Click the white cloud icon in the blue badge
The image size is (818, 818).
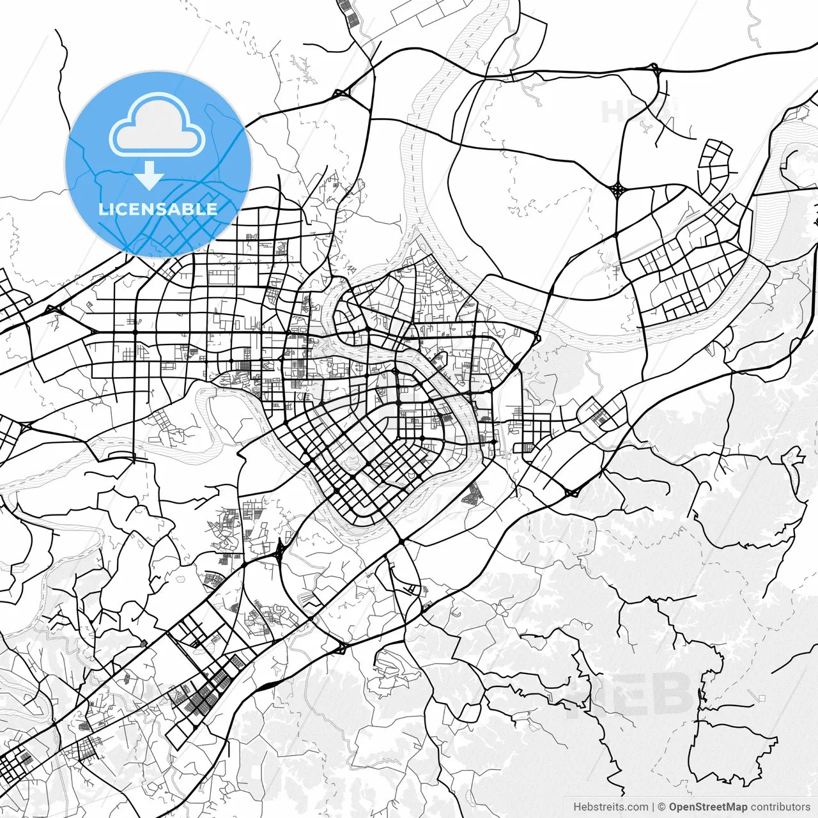[x=157, y=126]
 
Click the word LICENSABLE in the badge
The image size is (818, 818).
[x=158, y=209]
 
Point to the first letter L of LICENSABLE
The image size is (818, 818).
[x=103, y=209]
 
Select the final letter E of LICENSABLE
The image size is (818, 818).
[x=212, y=209]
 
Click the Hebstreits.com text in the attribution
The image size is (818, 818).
[x=610, y=807]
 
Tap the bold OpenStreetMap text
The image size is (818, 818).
[x=707, y=807]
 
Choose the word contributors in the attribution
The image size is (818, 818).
[x=780, y=807]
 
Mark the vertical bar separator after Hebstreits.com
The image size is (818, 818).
[x=652, y=807]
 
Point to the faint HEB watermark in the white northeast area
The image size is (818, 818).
[x=633, y=112]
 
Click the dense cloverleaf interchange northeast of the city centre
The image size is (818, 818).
[x=618, y=189]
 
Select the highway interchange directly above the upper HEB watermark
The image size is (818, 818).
[x=654, y=68]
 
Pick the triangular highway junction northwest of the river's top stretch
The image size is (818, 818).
[x=341, y=93]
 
